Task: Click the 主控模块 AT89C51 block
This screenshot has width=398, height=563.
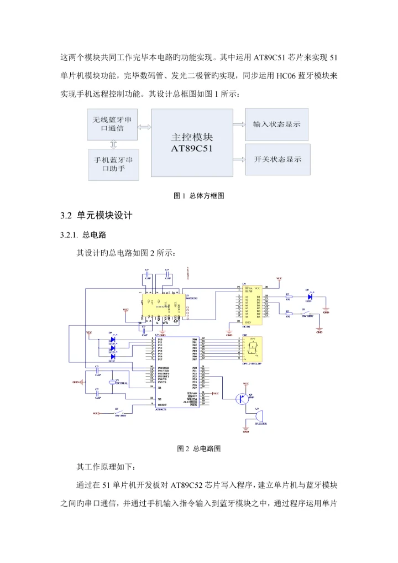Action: coord(192,143)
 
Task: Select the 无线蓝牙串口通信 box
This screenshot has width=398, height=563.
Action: coord(112,124)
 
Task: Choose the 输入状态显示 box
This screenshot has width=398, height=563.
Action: coord(277,124)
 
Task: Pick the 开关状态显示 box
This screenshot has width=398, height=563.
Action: coord(277,159)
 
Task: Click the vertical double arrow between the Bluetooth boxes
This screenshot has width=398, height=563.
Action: coord(113,144)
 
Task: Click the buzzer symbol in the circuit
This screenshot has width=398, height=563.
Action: coord(257,415)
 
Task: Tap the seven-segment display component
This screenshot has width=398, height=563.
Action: coord(252,348)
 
